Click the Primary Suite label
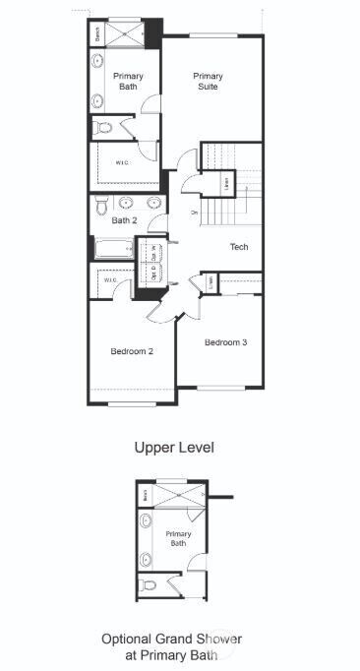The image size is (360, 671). coord(208,82)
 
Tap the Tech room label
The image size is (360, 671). coord(239,247)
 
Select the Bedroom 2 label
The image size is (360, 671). coord(130,351)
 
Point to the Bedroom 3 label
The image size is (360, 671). coord(225,342)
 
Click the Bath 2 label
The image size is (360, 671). coord(123,220)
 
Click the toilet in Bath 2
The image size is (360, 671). coord(100,205)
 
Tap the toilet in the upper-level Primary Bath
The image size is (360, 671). coord(101,127)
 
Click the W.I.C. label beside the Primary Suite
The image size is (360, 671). coord(123,163)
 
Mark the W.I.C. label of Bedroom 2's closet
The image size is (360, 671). coord(110,280)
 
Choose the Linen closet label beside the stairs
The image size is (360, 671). coord(226,181)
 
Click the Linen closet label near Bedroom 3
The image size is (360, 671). coord(211,283)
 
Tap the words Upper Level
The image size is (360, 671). coord(174,447)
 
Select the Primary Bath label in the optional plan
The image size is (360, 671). coord(178,538)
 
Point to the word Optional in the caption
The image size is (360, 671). coord(125,639)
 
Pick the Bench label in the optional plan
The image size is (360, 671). coord(146,496)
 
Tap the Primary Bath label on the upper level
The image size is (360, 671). coord(128,82)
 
